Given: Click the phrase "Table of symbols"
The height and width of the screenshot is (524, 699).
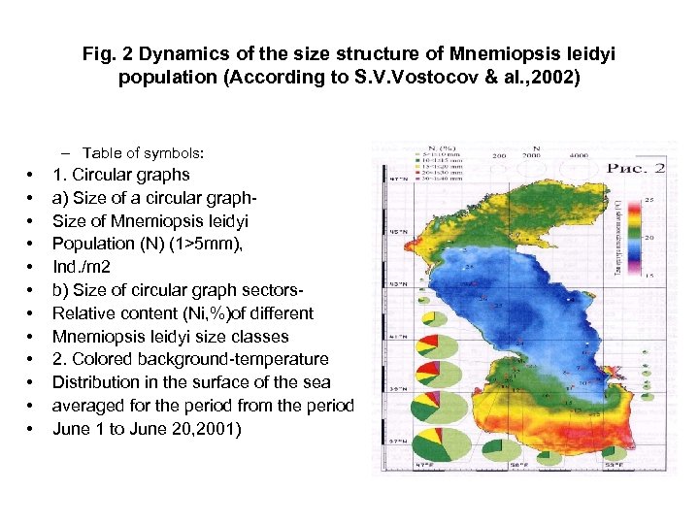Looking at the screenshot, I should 143,153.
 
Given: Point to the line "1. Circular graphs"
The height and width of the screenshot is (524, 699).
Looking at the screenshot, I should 120,175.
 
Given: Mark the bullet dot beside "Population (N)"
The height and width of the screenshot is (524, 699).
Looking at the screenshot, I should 32,244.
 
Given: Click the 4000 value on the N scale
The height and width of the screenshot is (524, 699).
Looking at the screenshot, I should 579,155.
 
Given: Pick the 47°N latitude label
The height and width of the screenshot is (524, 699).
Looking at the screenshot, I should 395,180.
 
